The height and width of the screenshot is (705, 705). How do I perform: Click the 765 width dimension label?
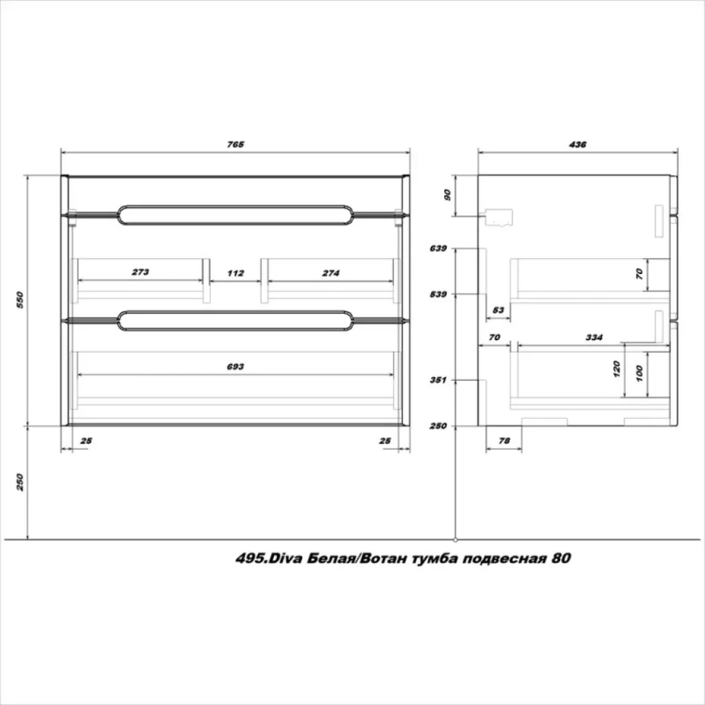click(x=235, y=145)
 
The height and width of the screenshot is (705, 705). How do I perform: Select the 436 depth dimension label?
click(x=577, y=145)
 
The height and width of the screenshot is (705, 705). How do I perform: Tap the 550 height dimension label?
click(x=20, y=300)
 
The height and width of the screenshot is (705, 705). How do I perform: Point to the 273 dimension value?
click(x=140, y=272)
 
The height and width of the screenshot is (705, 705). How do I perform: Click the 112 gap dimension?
click(x=235, y=273)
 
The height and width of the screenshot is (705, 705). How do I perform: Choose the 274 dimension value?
click(x=331, y=273)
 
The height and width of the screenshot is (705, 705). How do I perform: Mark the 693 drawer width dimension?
click(x=235, y=366)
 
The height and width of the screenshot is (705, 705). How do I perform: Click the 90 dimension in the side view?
click(x=447, y=195)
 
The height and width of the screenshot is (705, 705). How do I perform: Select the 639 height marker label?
click(x=438, y=248)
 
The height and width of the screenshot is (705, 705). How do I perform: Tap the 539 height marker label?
click(x=438, y=294)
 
